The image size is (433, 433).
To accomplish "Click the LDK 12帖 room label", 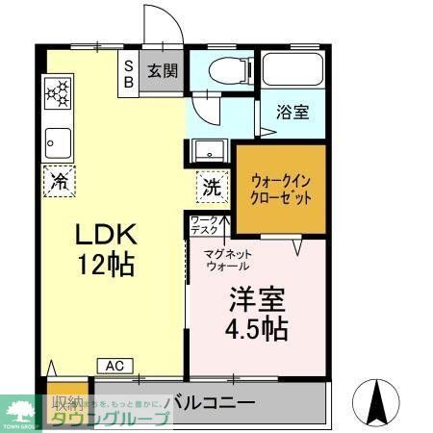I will (x=107, y=247).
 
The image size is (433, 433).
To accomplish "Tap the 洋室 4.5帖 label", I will (x=255, y=314).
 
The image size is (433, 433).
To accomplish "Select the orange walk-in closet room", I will (x=281, y=187).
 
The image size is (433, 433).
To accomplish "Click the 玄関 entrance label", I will (x=163, y=70).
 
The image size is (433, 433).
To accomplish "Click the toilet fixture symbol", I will (x=221, y=69).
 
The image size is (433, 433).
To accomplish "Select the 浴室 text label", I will (x=293, y=113).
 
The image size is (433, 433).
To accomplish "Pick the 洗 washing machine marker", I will (x=212, y=187).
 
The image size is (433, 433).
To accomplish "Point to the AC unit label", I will (x=115, y=366).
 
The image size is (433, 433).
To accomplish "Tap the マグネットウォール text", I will (x=228, y=260).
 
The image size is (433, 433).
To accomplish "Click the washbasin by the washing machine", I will (x=207, y=150).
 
